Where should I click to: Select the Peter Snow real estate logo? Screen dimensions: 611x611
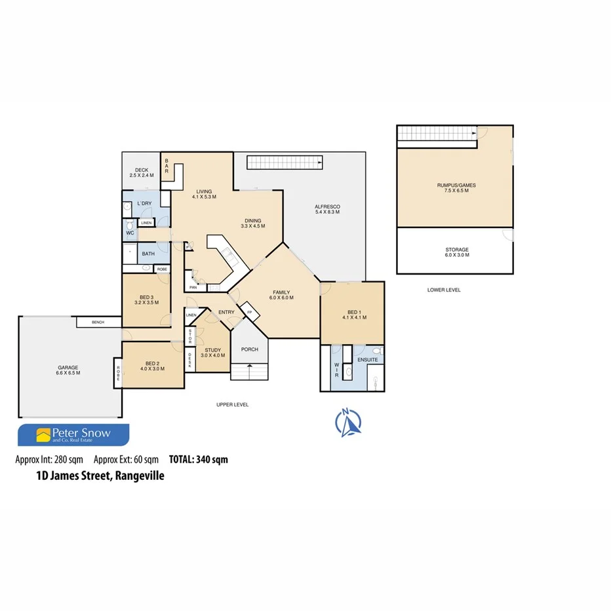(x=73, y=435)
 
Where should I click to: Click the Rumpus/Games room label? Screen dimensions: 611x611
(x=456, y=186)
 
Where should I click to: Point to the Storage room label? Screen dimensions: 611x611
(x=456, y=250)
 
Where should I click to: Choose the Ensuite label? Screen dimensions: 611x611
(x=367, y=360)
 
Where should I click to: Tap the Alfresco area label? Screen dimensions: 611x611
(x=328, y=207)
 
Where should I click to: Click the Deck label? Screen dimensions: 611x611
(x=142, y=170)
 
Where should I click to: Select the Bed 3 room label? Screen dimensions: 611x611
(x=146, y=297)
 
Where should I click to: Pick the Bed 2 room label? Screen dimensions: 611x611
(x=152, y=363)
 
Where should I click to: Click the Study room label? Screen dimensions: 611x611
(x=213, y=351)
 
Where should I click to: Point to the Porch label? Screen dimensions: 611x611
(x=250, y=349)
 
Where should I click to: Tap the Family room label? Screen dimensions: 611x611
(x=281, y=292)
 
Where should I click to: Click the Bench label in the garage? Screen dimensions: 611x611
(x=98, y=322)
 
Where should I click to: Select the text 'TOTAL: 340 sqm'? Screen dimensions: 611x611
(x=199, y=460)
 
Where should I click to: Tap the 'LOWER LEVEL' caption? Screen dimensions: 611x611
(x=444, y=289)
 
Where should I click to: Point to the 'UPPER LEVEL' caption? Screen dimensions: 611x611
(x=233, y=404)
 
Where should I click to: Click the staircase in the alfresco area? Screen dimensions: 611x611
(x=285, y=162)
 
